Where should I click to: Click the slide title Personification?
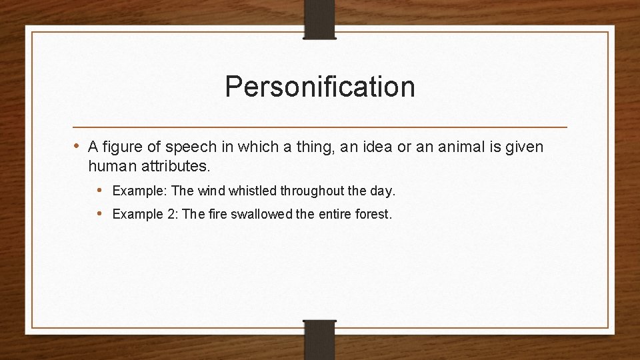tap(319, 87)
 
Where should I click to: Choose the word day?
tap(381, 191)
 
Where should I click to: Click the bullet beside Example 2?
tap(100, 214)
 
